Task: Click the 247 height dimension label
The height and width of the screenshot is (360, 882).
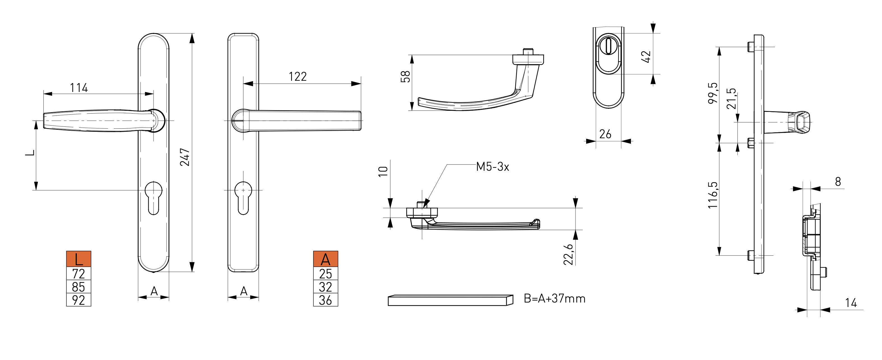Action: coord(185,157)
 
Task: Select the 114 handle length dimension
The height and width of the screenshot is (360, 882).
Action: coord(79,88)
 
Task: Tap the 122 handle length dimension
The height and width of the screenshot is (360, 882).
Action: coord(298,76)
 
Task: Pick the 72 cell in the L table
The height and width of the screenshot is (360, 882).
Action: coord(78,274)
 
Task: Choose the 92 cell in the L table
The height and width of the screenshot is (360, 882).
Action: coord(78,300)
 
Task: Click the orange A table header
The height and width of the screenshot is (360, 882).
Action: coord(326,259)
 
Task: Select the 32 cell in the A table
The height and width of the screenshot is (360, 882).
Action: coord(326,287)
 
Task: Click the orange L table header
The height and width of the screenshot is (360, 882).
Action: coord(79,259)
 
